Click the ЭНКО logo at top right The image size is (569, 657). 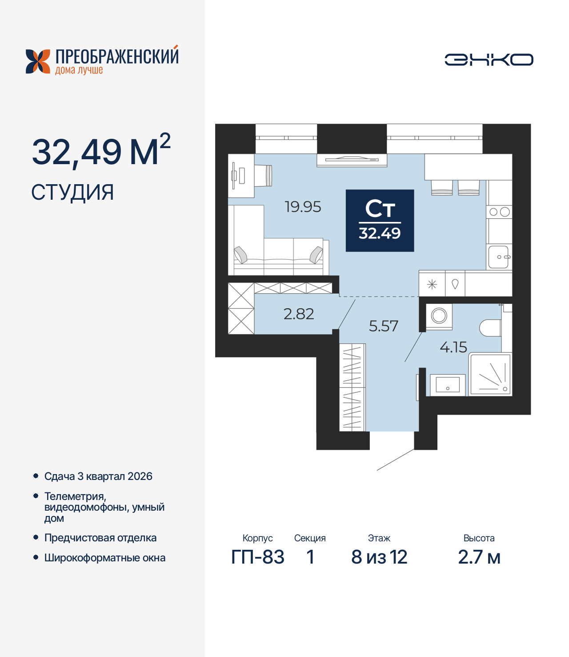tap(489, 60)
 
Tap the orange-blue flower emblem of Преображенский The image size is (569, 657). tap(38, 61)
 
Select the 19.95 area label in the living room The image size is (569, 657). tap(303, 207)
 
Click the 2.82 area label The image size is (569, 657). tap(299, 314)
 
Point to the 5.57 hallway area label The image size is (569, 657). tap(383, 326)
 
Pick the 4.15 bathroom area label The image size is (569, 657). tap(453, 347)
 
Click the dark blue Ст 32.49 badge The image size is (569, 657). tap(380, 221)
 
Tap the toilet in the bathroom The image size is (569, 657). tap(490, 328)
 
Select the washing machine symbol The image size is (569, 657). tap(439, 316)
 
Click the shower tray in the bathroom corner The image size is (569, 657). tap(490, 375)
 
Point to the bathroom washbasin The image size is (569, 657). tap(448, 384)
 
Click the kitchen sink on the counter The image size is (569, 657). tap(499, 257)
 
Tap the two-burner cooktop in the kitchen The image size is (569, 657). tap(499, 212)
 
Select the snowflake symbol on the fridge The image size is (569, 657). tap(432, 284)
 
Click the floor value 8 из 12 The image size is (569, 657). tap(379, 557)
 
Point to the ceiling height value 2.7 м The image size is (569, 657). tap(479, 557)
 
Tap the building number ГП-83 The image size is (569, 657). tap(258, 557)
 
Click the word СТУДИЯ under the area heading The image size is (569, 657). tap(73, 193)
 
